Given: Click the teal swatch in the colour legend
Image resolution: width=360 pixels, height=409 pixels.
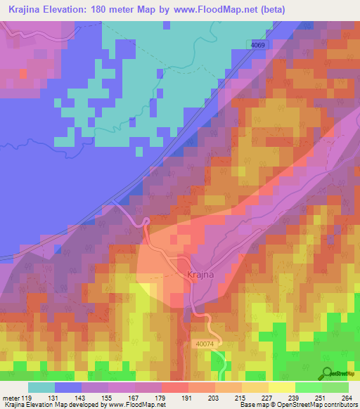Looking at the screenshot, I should click(41, 387).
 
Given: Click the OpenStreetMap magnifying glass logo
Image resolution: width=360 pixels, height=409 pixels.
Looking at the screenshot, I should click(328, 372).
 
